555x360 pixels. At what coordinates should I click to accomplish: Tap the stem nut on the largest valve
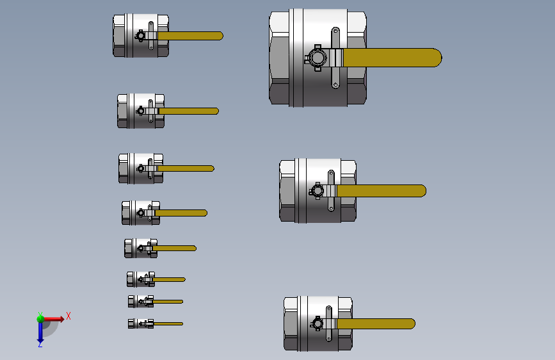(316, 58)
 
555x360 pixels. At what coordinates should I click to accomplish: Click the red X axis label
(68, 316)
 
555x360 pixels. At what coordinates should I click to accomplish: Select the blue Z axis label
(40, 344)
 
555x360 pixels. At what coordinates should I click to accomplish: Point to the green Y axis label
(40, 315)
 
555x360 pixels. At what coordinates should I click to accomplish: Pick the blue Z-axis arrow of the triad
(40, 331)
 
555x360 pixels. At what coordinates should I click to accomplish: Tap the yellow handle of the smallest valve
(168, 323)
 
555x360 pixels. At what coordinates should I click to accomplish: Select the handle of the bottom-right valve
(376, 323)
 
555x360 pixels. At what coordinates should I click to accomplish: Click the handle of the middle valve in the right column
(382, 191)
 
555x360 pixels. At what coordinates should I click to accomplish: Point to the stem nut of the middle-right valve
(317, 191)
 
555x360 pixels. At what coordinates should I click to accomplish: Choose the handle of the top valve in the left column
(190, 36)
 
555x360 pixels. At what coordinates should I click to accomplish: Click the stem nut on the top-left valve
(141, 36)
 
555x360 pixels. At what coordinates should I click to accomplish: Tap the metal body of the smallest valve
(141, 323)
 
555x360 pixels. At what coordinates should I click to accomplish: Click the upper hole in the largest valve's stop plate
(335, 31)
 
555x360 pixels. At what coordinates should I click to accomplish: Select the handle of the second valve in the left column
(189, 111)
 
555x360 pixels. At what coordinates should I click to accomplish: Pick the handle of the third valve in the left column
(186, 168)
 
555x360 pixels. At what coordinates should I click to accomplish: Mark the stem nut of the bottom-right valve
(317, 323)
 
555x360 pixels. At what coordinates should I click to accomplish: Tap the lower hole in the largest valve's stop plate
(335, 85)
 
